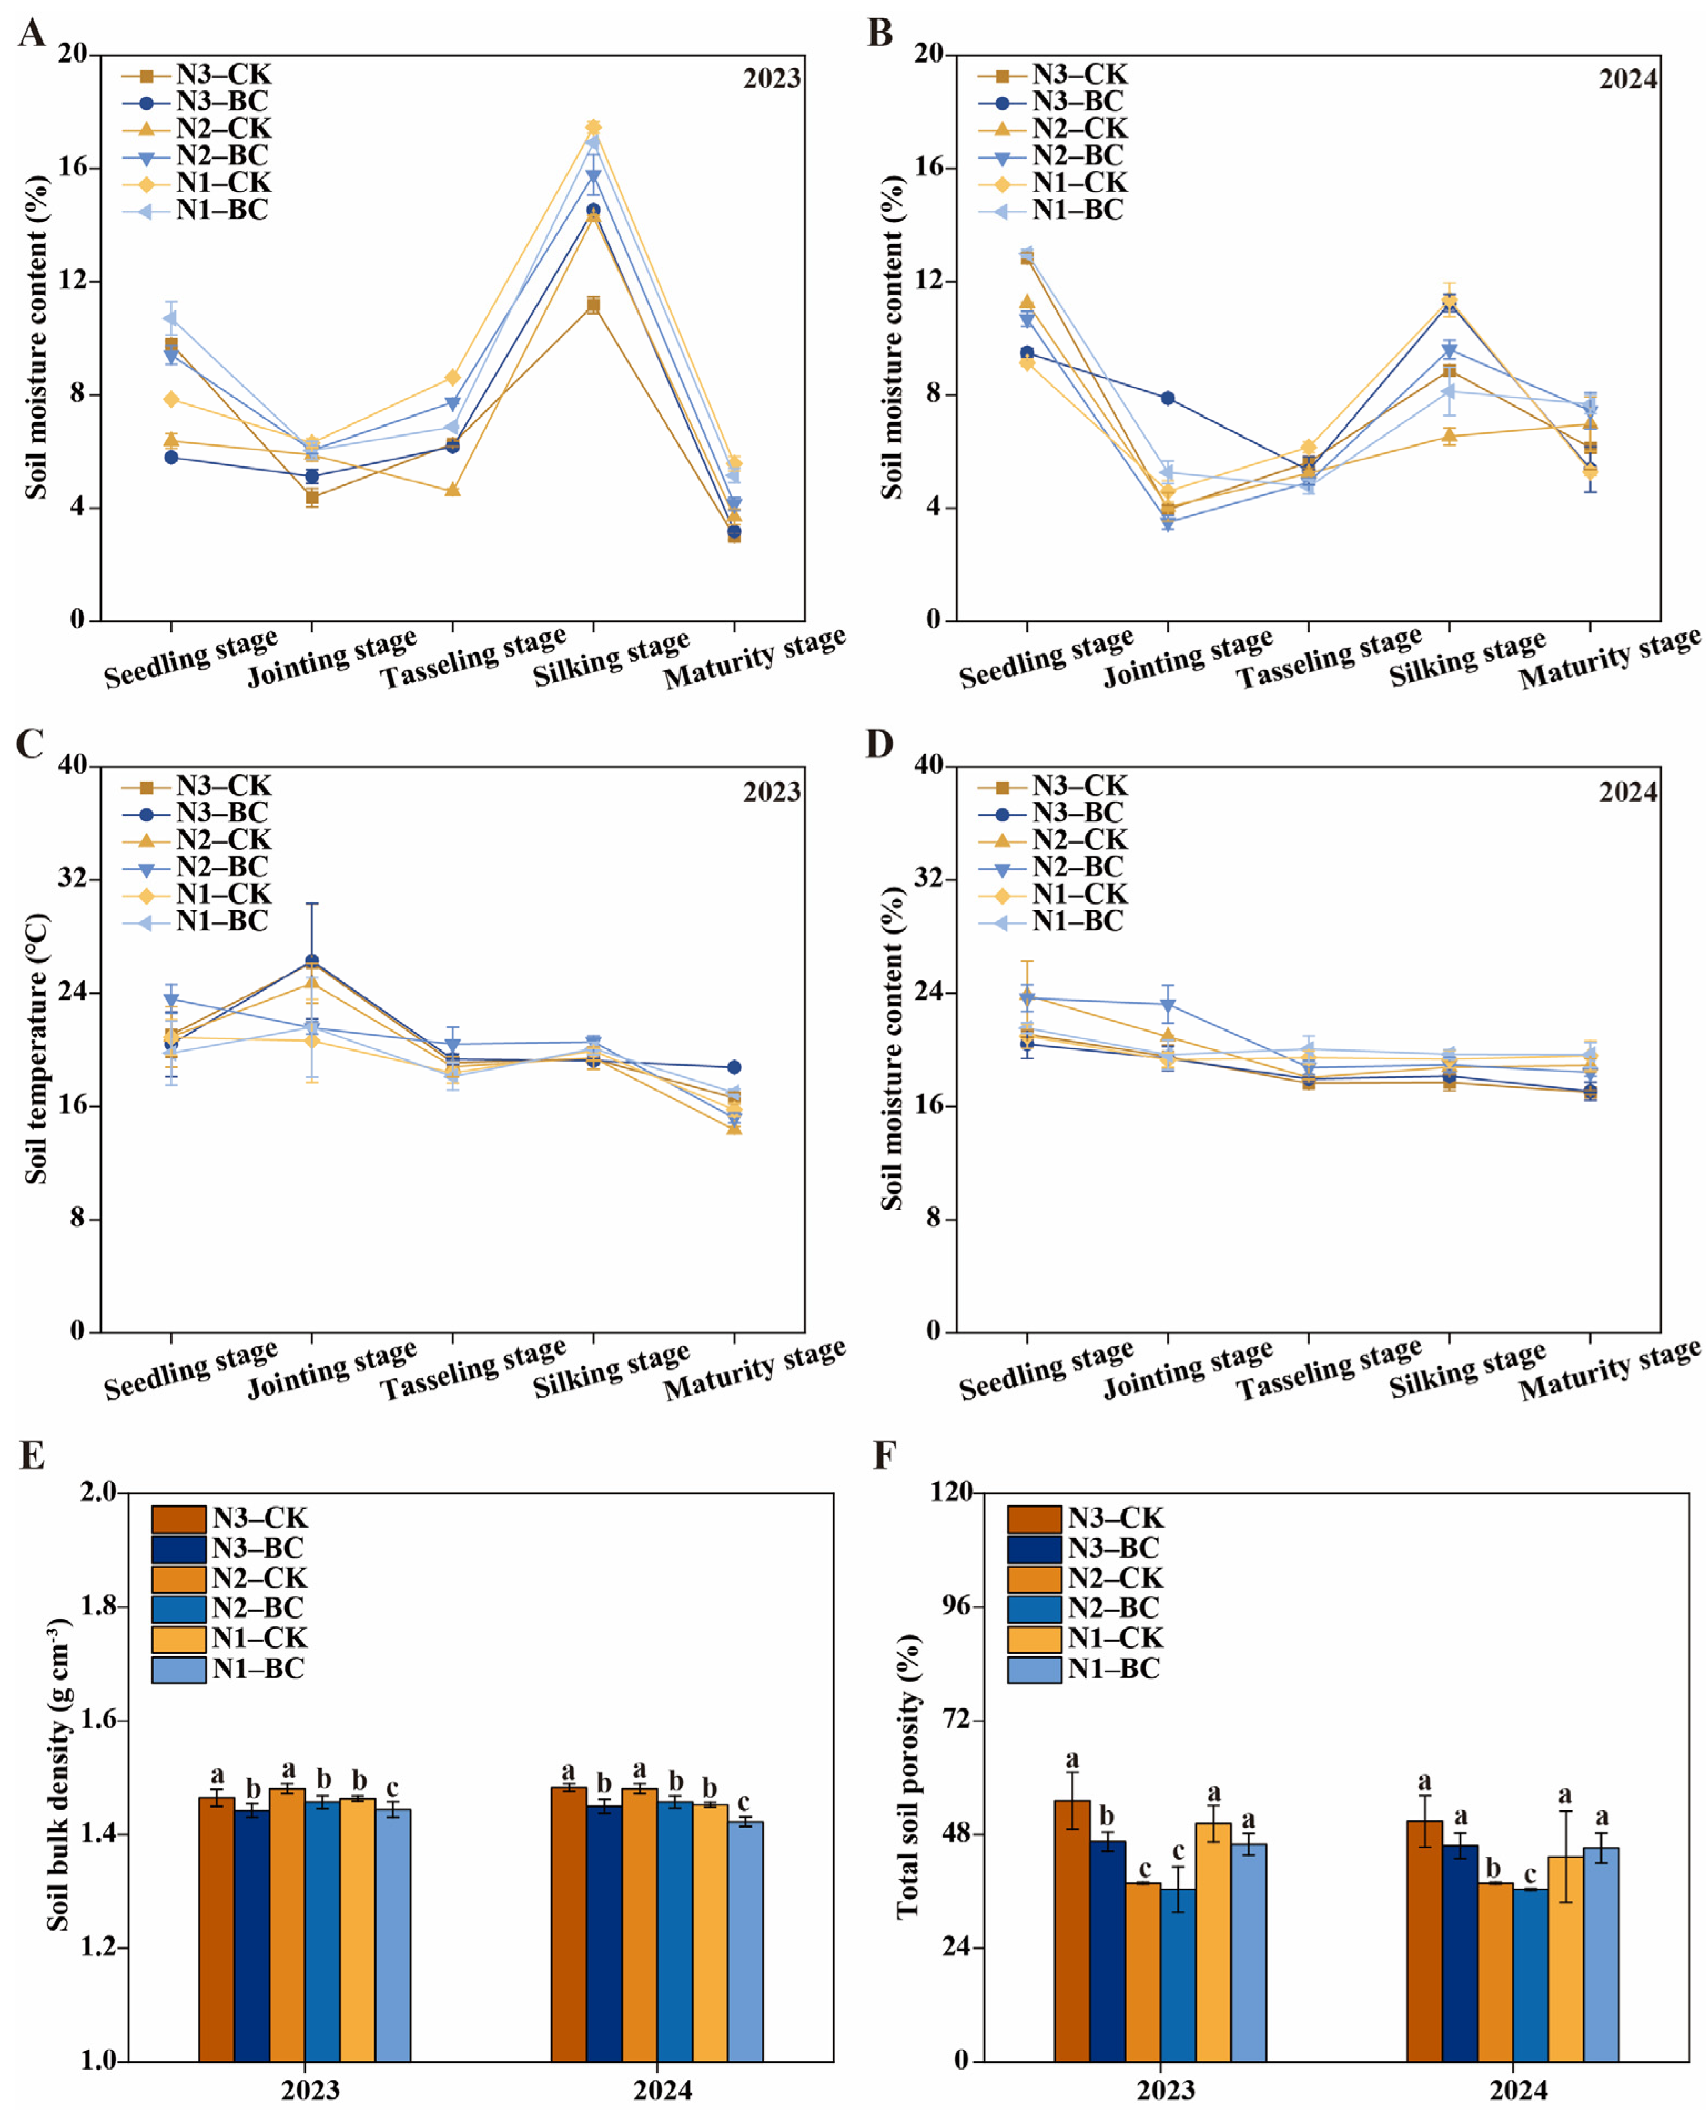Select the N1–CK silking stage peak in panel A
coord(593,128)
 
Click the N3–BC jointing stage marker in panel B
coord(1167,398)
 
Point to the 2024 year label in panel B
coord(1627,79)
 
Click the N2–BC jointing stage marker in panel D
coord(1167,1005)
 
